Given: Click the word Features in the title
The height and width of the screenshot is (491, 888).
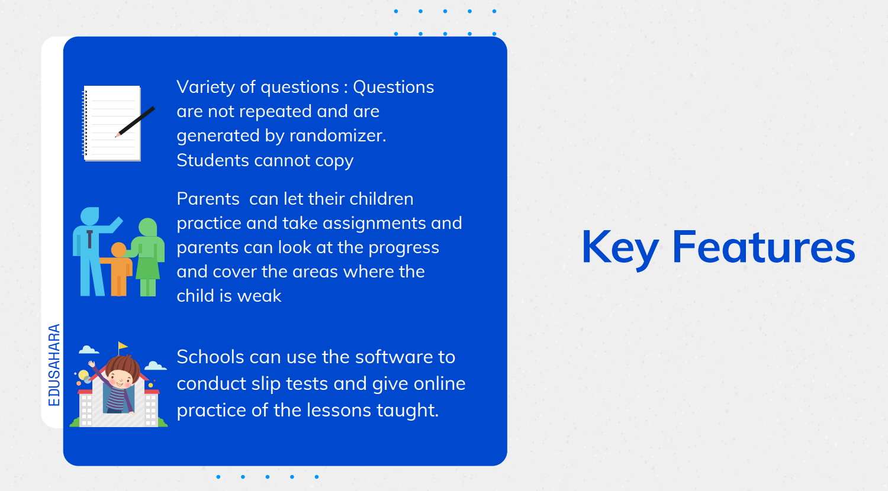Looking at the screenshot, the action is pos(764,247).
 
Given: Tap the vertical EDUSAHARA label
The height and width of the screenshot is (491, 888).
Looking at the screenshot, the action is pos(54,365).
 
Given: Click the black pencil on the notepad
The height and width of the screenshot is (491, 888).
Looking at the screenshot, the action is pos(135,122).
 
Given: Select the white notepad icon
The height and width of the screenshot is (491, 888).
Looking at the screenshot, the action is pos(112,123).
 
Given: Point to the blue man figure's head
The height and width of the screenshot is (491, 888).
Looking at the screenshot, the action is pos(89,216).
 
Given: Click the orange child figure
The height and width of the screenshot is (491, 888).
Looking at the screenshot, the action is pos(117,270).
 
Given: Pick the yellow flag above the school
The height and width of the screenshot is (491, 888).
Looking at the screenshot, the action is pos(123,346).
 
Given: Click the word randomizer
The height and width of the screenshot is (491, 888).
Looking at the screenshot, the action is pos(337,135).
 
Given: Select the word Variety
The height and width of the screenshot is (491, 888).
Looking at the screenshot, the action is pos(206,88).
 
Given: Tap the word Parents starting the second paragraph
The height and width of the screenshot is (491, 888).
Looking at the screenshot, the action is pos(208,199).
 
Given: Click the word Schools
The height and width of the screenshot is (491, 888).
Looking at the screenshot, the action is pos(210,357).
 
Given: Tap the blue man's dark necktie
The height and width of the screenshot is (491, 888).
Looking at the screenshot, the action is pos(89,240).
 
